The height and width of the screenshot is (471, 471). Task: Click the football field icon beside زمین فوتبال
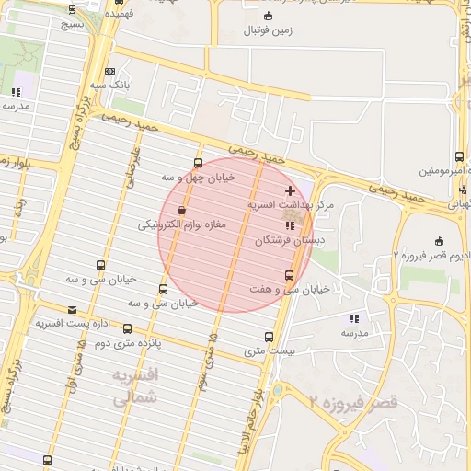point(268,16)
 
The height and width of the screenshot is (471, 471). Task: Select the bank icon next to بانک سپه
point(110,71)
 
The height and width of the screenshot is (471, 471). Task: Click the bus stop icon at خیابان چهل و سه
point(198,164)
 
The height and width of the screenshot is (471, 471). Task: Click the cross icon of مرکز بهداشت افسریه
point(291,190)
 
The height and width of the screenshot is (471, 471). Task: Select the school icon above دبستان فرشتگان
point(290,224)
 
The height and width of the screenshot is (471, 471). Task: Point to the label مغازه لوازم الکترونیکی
point(180,224)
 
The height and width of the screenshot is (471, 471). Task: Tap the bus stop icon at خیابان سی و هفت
point(290,275)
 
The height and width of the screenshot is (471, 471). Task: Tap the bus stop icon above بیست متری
point(269,337)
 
